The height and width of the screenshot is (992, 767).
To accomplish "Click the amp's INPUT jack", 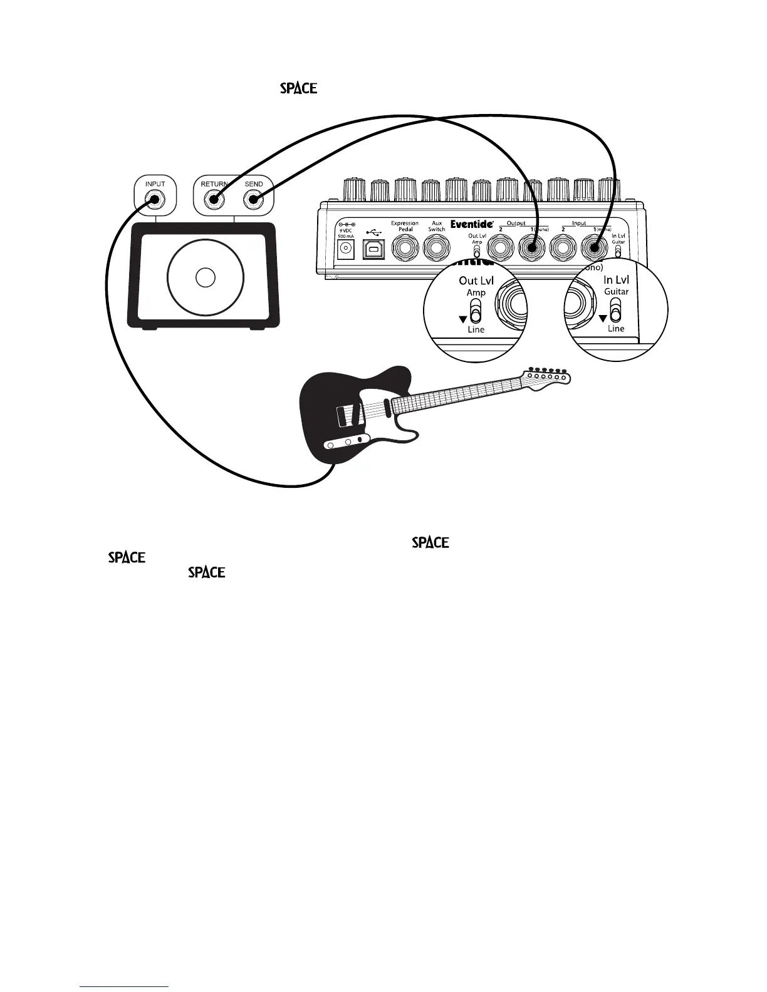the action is click(154, 200).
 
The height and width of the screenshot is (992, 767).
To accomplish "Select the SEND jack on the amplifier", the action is click(254, 200).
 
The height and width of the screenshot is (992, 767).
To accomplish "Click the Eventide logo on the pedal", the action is click(472, 224).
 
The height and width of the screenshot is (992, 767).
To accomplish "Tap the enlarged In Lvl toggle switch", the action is click(615, 310).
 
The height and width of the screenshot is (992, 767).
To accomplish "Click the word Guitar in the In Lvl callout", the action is click(616, 292).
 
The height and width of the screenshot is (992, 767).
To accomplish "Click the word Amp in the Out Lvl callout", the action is click(476, 292).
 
